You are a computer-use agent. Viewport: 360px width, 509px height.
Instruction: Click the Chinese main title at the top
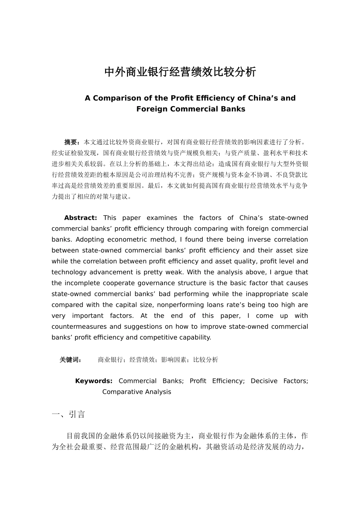tap(180, 72)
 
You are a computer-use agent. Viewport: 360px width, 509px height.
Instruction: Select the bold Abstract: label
tap(80, 218)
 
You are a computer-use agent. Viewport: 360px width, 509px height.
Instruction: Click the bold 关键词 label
tap(70, 360)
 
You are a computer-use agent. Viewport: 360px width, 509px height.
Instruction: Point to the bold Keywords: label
tap(94, 381)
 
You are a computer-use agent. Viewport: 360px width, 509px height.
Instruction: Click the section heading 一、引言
tap(68, 414)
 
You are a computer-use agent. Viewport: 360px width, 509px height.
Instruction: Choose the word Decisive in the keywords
tap(264, 381)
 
